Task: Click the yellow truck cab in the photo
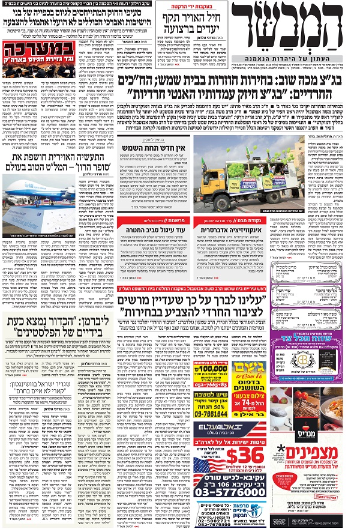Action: (211, 178)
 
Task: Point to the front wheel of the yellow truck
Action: (214, 195)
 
